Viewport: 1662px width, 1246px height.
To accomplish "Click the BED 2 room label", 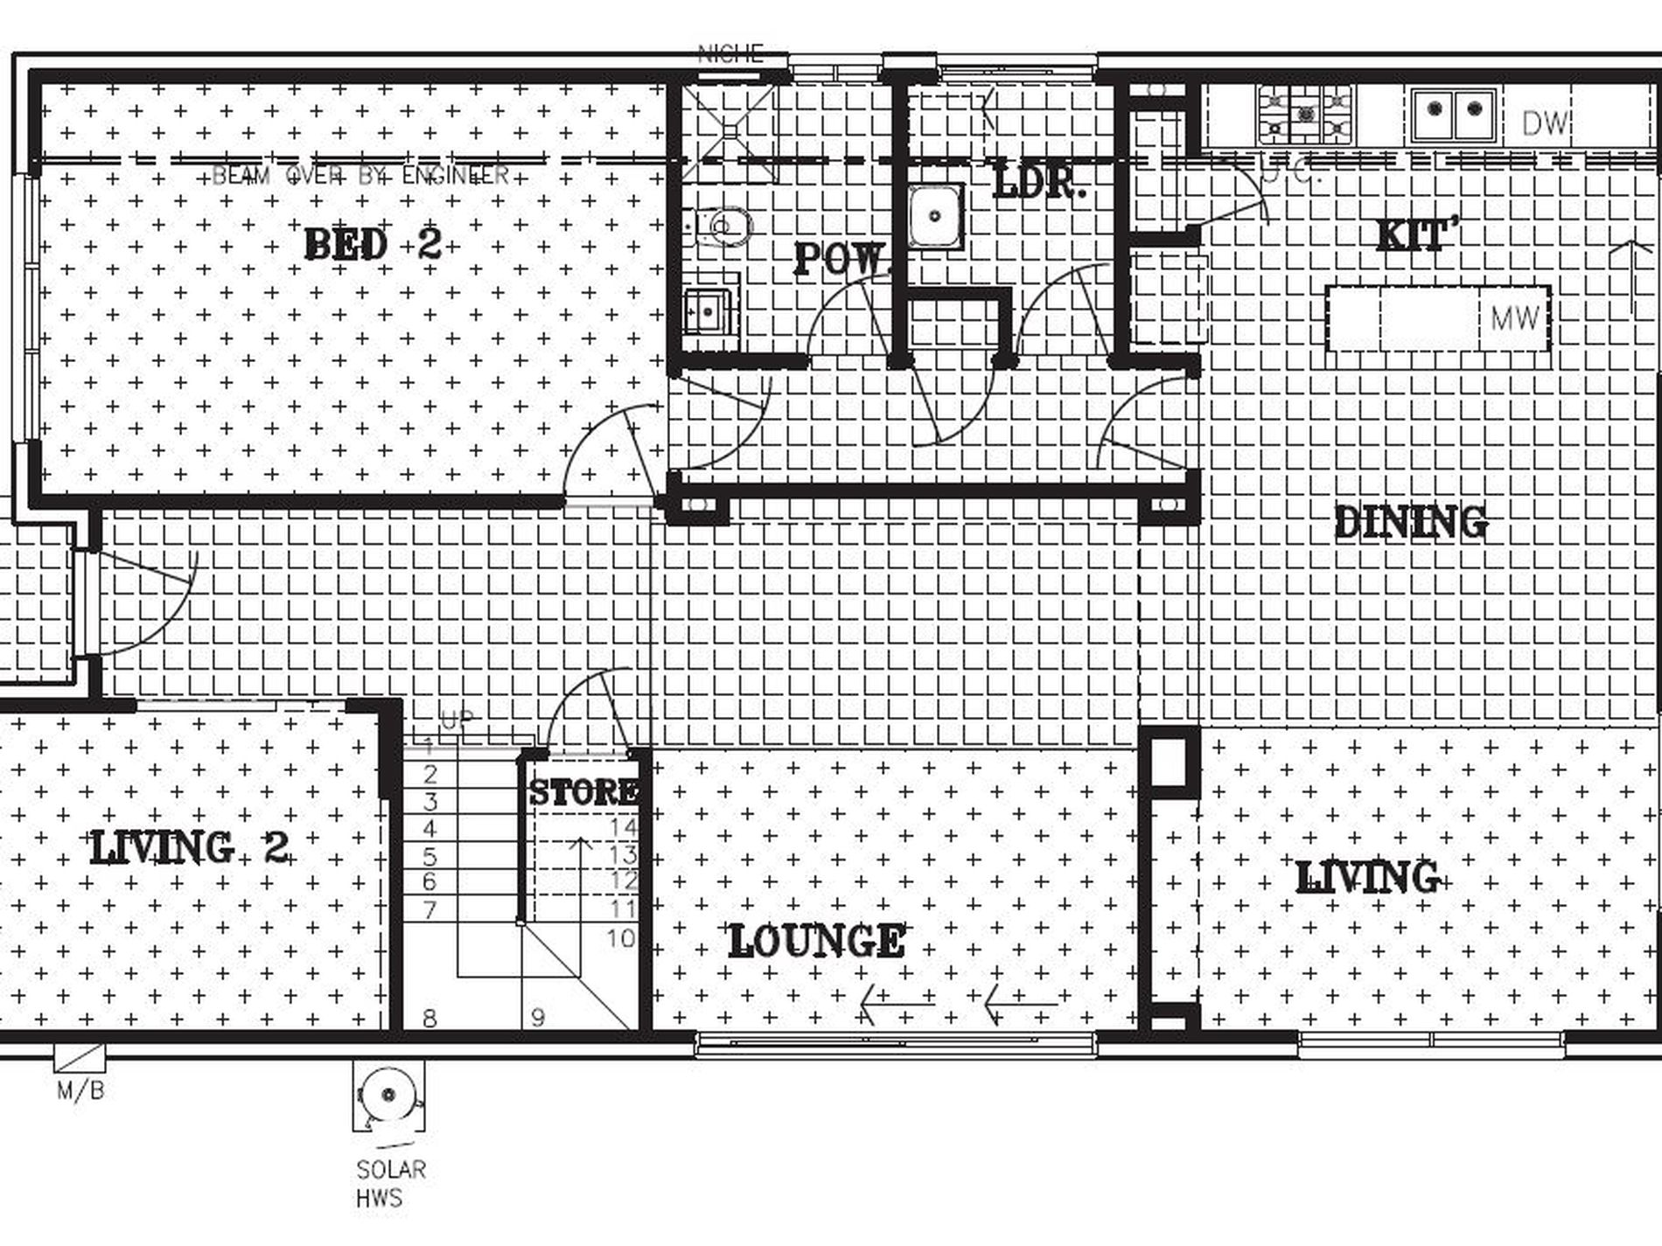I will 374,244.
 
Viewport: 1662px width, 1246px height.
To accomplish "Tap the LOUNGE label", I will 816,941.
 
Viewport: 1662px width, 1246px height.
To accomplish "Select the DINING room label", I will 1410,522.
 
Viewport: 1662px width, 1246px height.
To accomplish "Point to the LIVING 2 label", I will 190,847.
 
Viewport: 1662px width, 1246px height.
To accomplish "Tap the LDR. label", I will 1039,183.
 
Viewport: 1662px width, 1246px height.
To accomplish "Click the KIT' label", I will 1418,235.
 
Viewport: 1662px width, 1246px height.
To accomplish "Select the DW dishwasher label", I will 1545,124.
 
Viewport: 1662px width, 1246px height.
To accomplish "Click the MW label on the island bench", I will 1514,318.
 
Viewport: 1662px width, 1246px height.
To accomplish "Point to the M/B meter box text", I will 80,1090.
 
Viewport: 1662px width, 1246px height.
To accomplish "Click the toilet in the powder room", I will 726,226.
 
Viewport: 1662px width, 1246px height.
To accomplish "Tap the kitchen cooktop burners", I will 1305,115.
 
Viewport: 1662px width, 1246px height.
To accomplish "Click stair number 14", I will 624,827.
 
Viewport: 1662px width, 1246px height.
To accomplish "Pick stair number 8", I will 429,1018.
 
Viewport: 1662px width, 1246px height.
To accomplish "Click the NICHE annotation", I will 730,54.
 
